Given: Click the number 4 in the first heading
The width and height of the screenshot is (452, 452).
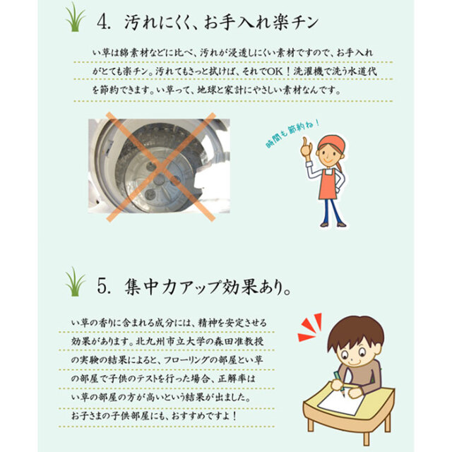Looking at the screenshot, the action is click(x=102, y=22).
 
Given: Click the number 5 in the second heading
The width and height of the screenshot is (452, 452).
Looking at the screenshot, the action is click(x=102, y=287).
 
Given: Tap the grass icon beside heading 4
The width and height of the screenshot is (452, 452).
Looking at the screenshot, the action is click(x=75, y=17).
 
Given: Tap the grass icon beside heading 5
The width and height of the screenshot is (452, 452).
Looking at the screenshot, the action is click(x=75, y=282).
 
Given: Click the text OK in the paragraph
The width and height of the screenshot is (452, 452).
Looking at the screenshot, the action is click(x=275, y=71).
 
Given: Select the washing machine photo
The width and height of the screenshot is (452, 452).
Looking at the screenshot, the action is click(x=159, y=166).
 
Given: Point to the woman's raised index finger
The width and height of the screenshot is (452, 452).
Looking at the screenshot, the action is click(x=304, y=142).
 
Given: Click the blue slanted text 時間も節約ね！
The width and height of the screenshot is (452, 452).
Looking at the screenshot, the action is click(x=292, y=133).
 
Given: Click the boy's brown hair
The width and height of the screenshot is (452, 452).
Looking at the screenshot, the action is click(x=356, y=331).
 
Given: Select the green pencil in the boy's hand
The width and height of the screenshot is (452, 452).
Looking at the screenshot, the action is click(x=339, y=382).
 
